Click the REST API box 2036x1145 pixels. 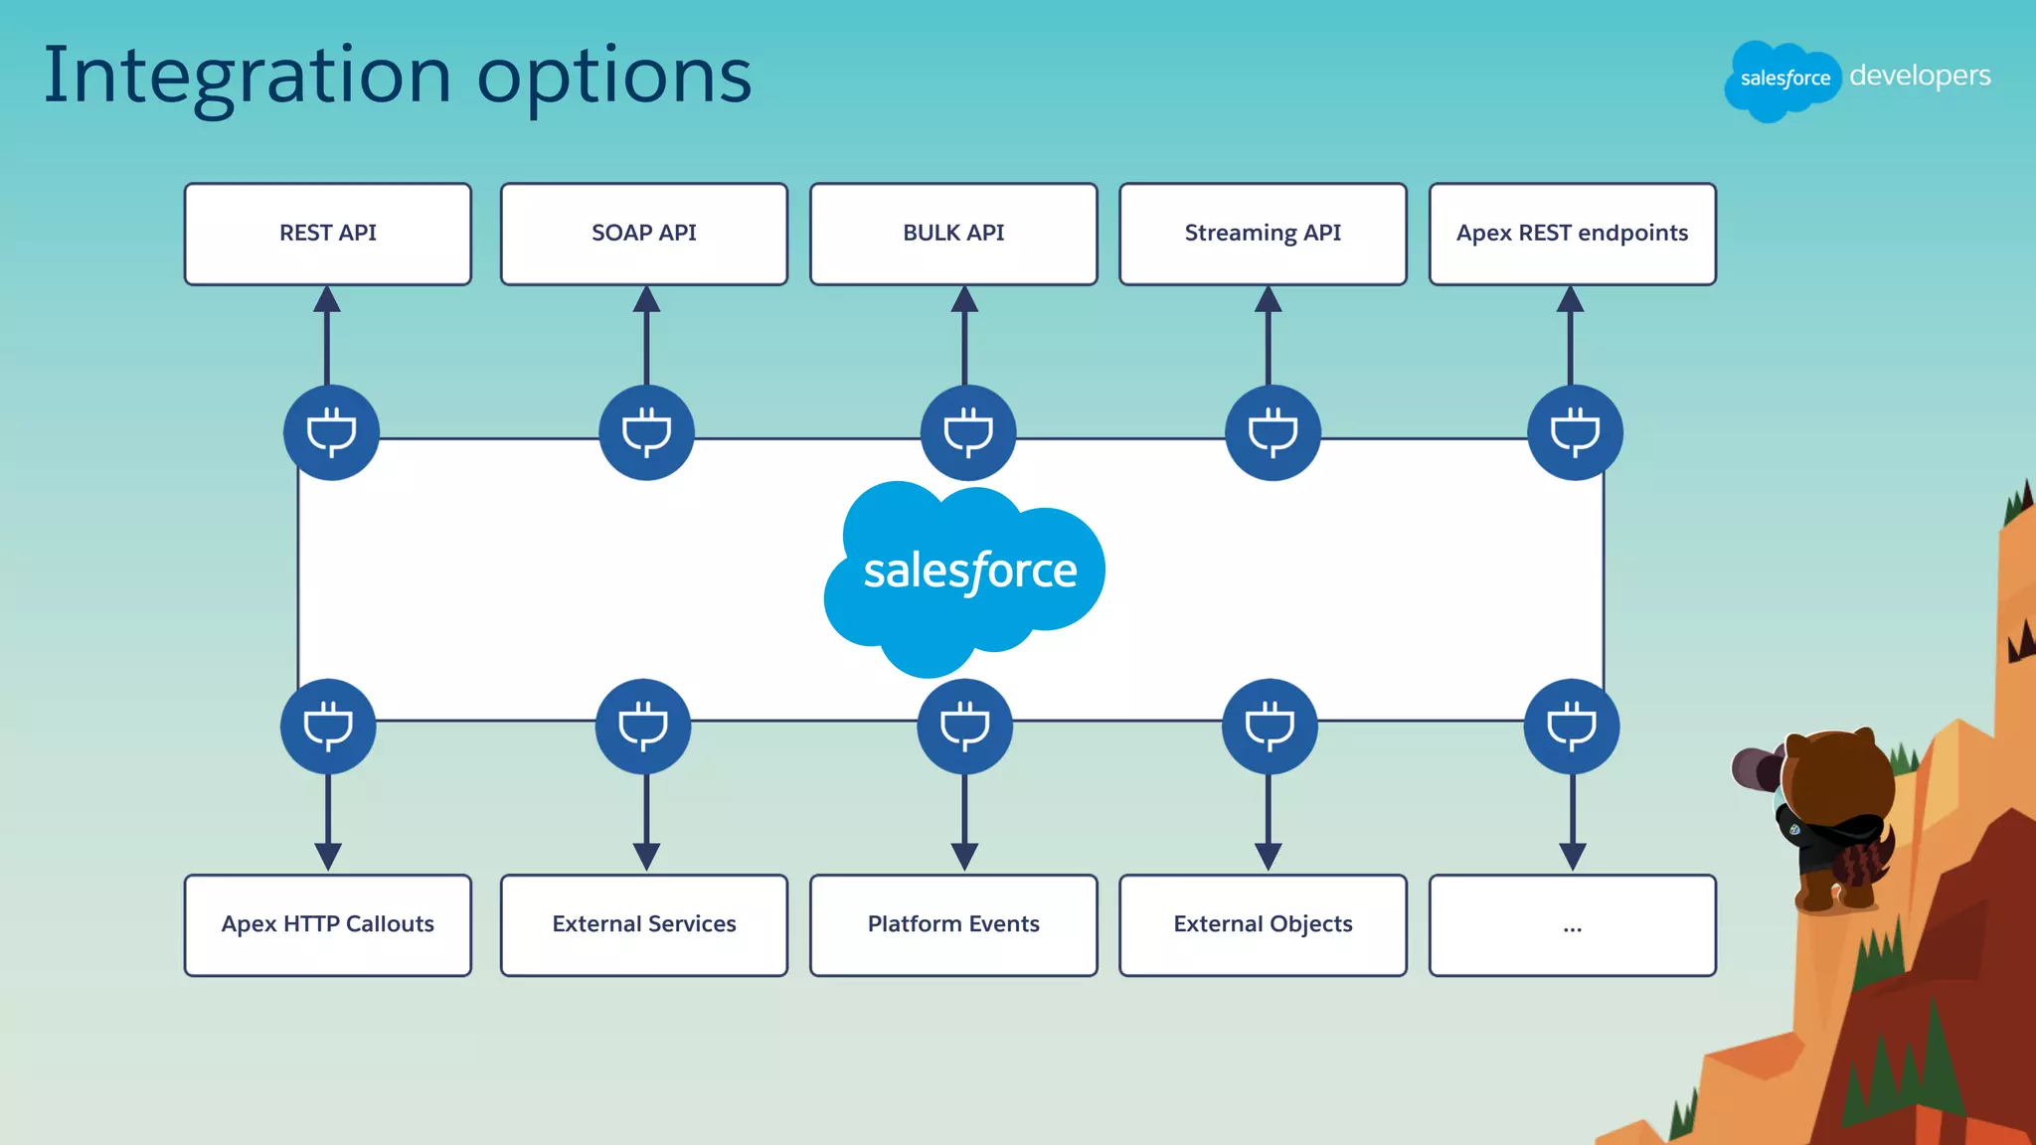(327, 234)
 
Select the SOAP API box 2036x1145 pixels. (643, 234)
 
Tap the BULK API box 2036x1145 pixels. (952, 234)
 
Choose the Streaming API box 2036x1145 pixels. (1262, 234)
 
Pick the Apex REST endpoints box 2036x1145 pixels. (1572, 234)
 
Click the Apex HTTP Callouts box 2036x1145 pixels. (327, 924)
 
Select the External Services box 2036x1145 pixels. (643, 924)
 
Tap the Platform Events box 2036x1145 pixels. (952, 924)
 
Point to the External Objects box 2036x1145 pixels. (1262, 924)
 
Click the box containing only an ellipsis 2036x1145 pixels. (1572, 924)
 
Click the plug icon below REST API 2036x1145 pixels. (331, 432)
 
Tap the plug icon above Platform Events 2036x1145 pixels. (964, 727)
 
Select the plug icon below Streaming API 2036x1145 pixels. (1272, 432)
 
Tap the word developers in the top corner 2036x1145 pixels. (1919, 77)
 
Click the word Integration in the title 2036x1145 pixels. (248, 77)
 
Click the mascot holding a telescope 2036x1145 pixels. (1829, 815)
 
